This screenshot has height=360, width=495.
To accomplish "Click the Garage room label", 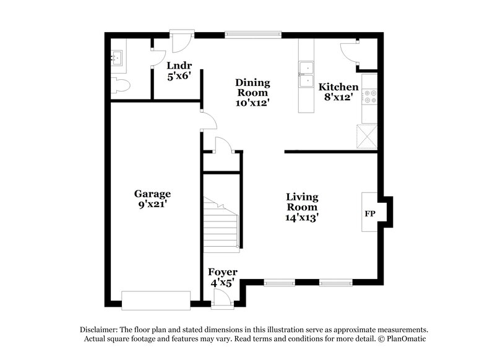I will [153, 194].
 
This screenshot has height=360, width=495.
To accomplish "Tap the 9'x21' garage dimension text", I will [153, 205].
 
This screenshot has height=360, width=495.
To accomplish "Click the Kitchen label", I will [338, 87].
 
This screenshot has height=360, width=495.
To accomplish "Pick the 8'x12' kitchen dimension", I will [338, 97].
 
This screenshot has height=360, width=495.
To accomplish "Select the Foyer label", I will [222, 272].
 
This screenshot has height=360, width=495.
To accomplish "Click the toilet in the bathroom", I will [121, 85].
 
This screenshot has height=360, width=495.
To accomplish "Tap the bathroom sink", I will [117, 58].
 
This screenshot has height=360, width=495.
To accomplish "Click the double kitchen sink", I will [306, 75].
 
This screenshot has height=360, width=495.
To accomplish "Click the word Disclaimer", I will [99, 329].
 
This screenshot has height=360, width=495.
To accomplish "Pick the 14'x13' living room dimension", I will [302, 218].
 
